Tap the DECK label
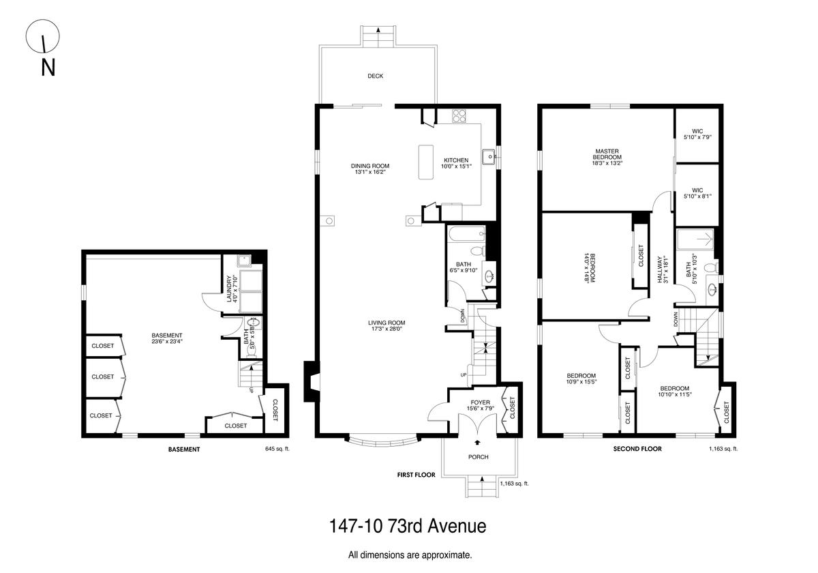pyautogui.click(x=376, y=76)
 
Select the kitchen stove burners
pyautogui.click(x=459, y=115)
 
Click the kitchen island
pyautogui.click(x=426, y=162)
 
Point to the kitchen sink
pyautogui.click(x=488, y=157)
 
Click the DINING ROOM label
pyautogui.click(x=370, y=166)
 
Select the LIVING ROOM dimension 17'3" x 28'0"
pyautogui.click(x=387, y=329)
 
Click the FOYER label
pyautogui.click(x=480, y=402)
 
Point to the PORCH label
pyautogui.click(x=479, y=457)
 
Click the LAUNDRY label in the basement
pyautogui.click(x=229, y=289)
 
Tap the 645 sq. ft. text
pyautogui.click(x=277, y=449)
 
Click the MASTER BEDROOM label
pyautogui.click(x=607, y=154)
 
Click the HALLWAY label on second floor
pyautogui.click(x=661, y=269)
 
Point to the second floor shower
pyautogui.click(x=695, y=239)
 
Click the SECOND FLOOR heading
pyautogui.click(x=637, y=449)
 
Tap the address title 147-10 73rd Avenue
pyautogui.click(x=408, y=526)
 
